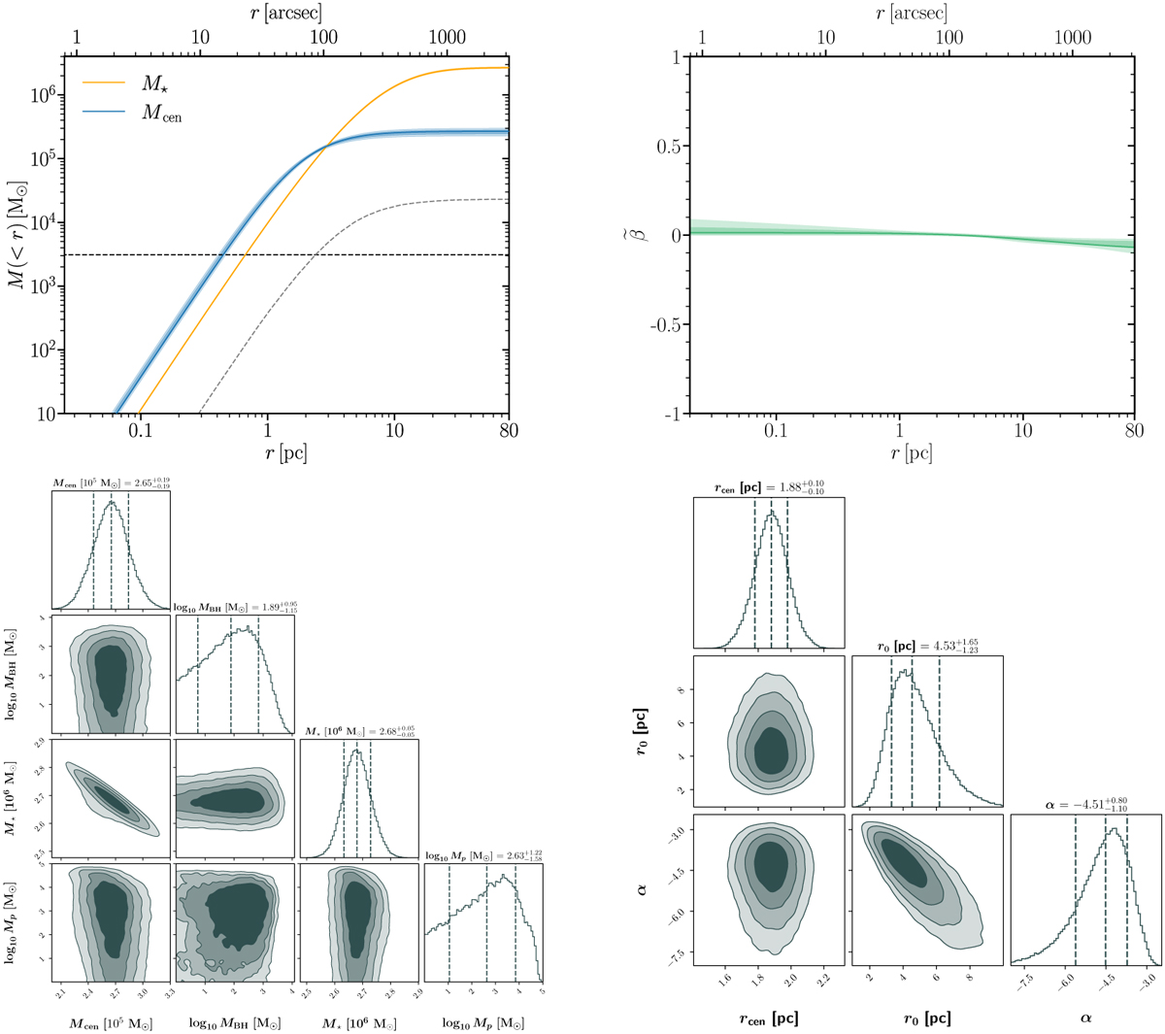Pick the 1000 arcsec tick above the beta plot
point(1073,39)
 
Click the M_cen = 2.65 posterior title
point(111,483)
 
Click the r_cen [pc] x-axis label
point(770,1017)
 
